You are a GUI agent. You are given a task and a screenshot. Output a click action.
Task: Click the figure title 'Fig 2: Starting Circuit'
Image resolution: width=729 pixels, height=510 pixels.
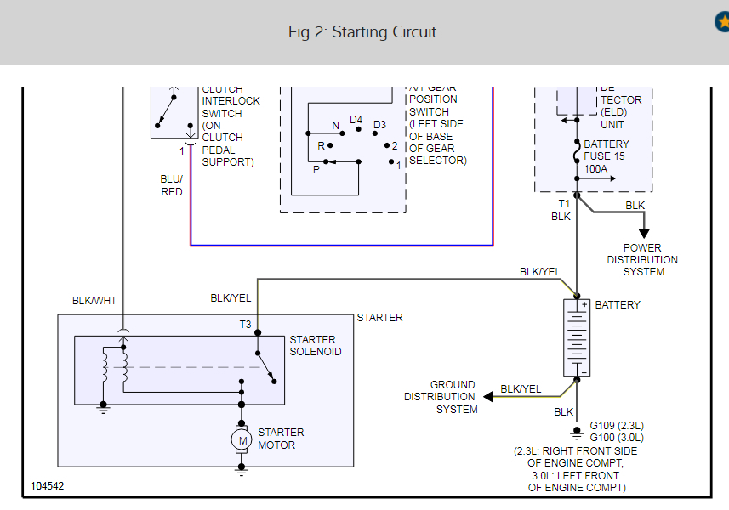[x=362, y=32]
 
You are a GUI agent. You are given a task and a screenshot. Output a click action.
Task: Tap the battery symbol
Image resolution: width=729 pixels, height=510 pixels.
[x=578, y=337]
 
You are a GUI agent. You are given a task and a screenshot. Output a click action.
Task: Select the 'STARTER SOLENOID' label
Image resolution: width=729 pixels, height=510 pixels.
[x=316, y=346]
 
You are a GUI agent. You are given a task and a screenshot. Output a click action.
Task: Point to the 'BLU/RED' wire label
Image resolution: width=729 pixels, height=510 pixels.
[x=172, y=186]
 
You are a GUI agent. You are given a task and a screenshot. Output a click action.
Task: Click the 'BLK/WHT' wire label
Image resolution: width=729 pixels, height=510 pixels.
[x=94, y=300]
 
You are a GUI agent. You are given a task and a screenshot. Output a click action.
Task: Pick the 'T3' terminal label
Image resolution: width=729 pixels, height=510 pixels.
[x=244, y=324]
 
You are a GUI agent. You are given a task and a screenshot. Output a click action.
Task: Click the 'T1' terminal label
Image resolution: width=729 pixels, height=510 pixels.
[x=563, y=204]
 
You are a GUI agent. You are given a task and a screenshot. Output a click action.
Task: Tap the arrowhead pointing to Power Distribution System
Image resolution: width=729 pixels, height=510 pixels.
[x=644, y=232]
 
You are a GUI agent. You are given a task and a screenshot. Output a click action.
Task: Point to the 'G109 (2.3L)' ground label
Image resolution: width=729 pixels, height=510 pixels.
[x=617, y=426]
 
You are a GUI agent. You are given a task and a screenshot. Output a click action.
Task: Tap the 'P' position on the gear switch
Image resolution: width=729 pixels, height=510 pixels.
[x=316, y=169]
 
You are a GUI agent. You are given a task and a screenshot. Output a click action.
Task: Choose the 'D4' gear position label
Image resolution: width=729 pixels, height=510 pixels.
[x=356, y=120]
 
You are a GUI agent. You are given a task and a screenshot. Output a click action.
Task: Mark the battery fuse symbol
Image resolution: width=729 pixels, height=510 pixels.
[x=578, y=151]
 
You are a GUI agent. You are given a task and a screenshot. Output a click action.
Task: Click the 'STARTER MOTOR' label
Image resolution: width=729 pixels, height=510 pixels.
[x=281, y=439]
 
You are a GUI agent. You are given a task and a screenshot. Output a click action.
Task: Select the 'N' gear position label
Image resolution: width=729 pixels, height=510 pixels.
[x=335, y=126]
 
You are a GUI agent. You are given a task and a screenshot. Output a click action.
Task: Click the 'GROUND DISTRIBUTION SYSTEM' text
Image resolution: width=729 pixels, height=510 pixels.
[x=441, y=397]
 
